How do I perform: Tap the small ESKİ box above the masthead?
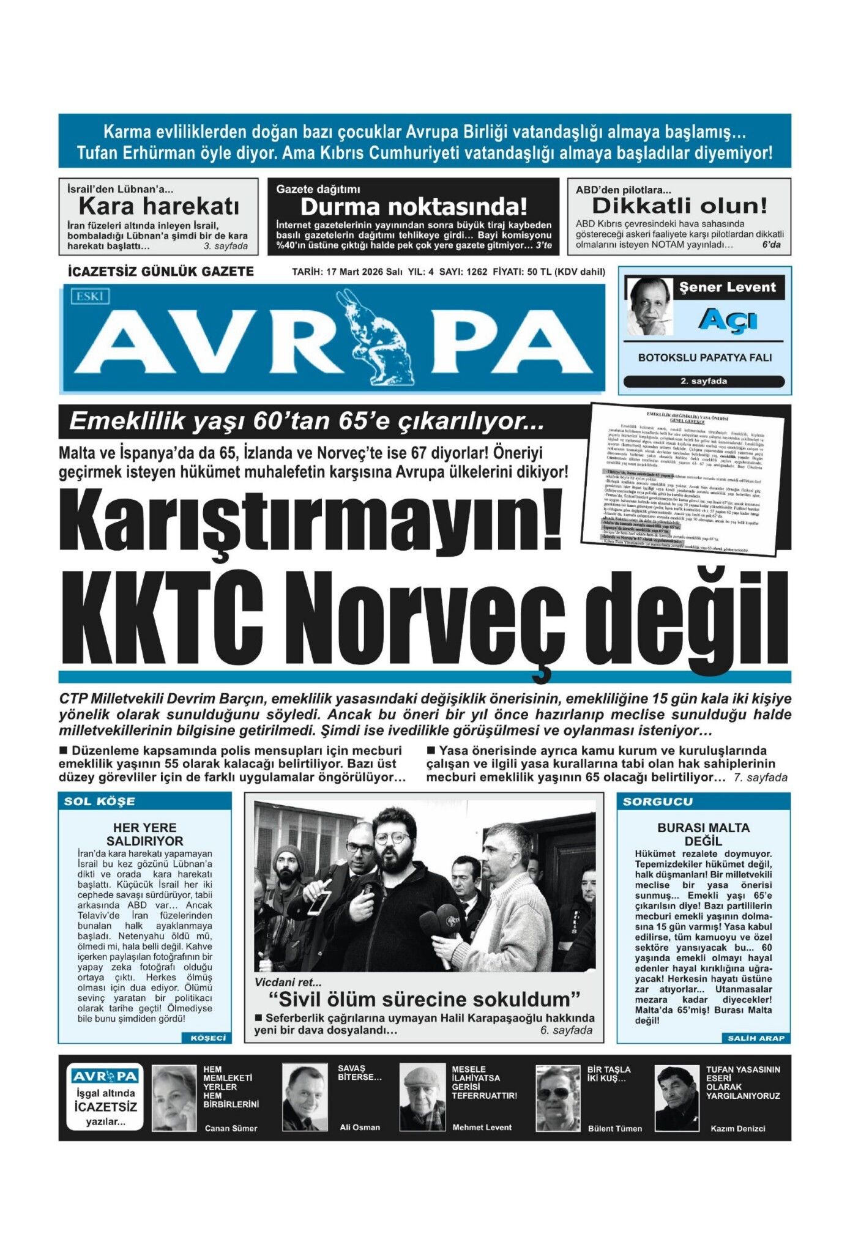tap(90, 297)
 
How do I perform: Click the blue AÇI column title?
tap(728, 320)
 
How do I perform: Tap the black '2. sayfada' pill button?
tap(704, 381)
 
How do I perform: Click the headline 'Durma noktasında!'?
tap(414, 207)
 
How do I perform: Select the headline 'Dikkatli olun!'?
tap(679, 206)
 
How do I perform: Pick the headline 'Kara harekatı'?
tap(159, 206)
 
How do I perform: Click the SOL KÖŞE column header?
tap(100, 801)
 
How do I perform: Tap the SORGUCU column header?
tap(658, 801)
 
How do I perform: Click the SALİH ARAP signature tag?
tap(756, 1038)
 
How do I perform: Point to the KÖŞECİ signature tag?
tap(208, 1038)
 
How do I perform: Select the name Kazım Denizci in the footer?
tap(737, 1128)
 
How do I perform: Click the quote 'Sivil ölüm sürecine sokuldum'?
tap(424, 1000)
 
